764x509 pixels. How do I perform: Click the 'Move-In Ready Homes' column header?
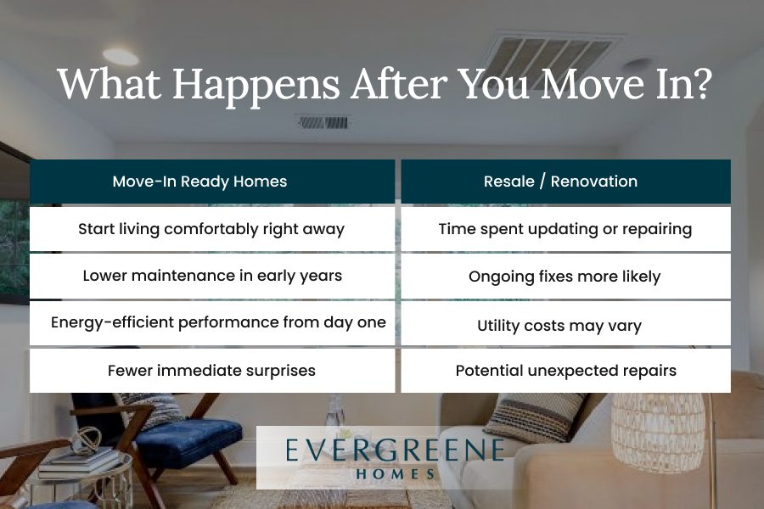tap(212, 182)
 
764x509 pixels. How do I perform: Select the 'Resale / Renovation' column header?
tap(565, 182)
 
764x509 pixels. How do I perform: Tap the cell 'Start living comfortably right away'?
tap(212, 229)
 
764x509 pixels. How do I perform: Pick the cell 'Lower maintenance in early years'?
tap(212, 277)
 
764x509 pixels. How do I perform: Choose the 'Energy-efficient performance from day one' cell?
tap(212, 323)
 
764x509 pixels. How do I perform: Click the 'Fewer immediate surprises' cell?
tap(212, 371)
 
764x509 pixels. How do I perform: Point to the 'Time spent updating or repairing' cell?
tap(565, 229)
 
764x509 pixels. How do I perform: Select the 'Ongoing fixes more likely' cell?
tap(565, 277)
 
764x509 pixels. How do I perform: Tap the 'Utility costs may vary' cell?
tap(565, 323)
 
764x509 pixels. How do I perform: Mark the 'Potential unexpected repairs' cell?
tap(565, 371)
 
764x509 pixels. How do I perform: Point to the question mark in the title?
tap(700, 83)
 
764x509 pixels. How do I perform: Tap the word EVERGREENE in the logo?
tap(395, 450)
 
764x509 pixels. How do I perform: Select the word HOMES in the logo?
tap(395, 474)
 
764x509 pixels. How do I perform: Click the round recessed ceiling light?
tap(121, 57)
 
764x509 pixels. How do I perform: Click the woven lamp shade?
tap(659, 428)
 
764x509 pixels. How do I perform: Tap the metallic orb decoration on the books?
tap(87, 441)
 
